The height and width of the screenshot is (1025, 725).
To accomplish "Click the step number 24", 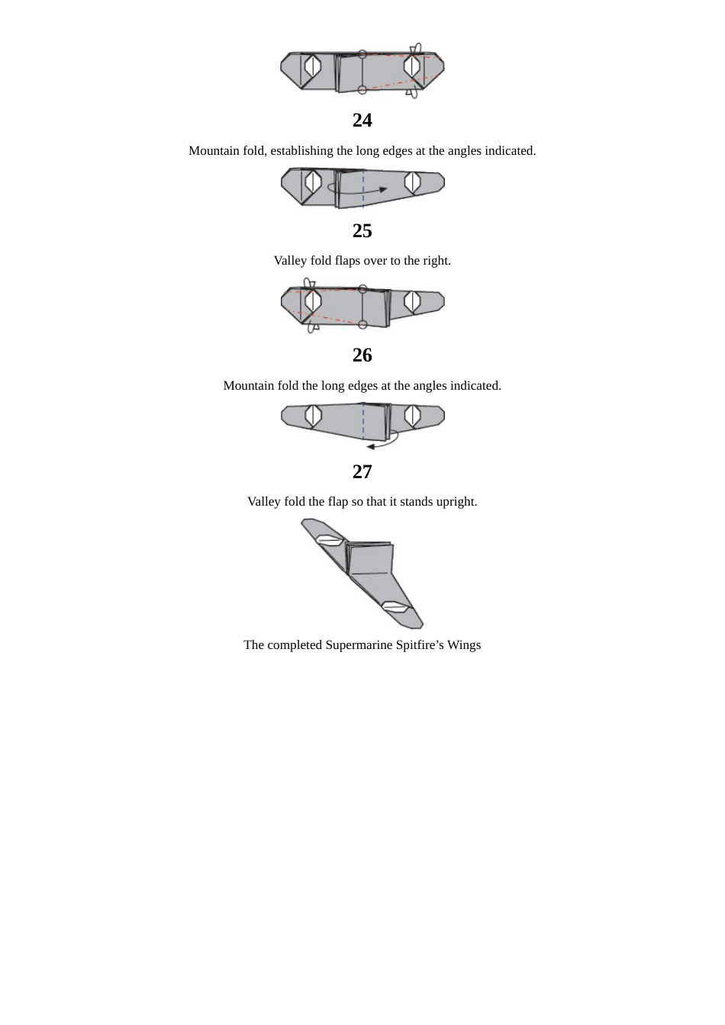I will (x=362, y=120).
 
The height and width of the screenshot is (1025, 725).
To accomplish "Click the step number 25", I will (x=362, y=231).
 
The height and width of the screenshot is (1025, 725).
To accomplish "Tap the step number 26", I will (x=362, y=355).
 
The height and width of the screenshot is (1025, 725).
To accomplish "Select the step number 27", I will (x=362, y=472).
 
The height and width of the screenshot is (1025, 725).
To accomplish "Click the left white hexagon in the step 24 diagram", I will (x=312, y=67).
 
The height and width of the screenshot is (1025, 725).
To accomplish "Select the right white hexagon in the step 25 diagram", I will (x=412, y=182).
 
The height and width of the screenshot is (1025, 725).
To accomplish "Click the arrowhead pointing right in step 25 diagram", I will (x=383, y=190).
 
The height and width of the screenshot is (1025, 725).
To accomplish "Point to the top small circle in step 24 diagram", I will (x=362, y=54).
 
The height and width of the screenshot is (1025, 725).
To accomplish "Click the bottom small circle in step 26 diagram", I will (x=362, y=324).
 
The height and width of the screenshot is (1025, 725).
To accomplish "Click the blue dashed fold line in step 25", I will (x=363, y=187).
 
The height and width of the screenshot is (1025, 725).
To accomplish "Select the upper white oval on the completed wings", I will (x=329, y=540).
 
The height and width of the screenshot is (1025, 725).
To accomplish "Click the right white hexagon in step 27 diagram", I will (x=412, y=416).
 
